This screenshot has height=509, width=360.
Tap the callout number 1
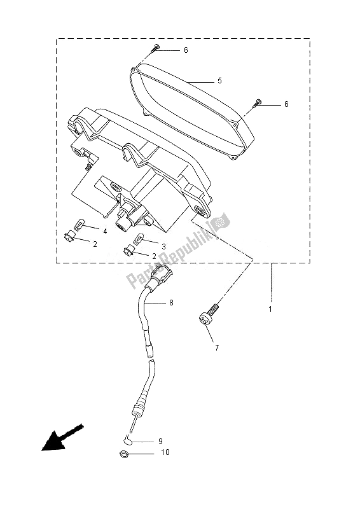[270, 309]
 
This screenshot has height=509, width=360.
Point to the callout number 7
[217, 348]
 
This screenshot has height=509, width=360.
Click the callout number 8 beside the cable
[171, 303]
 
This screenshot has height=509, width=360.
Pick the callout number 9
[160, 440]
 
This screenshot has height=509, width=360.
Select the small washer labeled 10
[123, 454]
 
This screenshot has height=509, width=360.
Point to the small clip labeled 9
[128, 439]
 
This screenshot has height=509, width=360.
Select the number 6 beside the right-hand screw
[286, 104]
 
